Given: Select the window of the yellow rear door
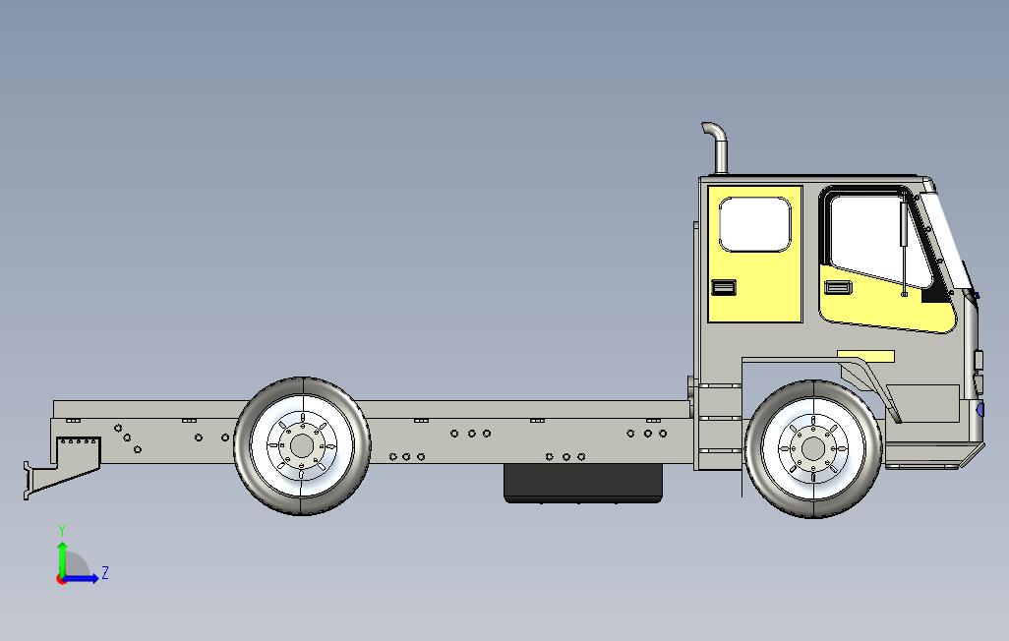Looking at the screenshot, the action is pyautogui.click(x=754, y=224).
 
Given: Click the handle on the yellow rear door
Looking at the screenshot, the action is pyautogui.click(x=724, y=287).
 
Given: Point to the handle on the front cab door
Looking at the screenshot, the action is pyautogui.click(x=838, y=286).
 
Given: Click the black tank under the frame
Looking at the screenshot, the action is pyautogui.click(x=582, y=482).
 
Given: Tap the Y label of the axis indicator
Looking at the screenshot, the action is pyautogui.click(x=62, y=531).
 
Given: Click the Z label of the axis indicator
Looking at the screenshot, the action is pyautogui.click(x=105, y=573).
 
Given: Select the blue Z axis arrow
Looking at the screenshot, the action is pyautogui.click(x=83, y=578).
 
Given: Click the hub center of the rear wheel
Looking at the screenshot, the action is pyautogui.click(x=300, y=446).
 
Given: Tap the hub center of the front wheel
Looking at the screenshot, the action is pyautogui.click(x=812, y=448).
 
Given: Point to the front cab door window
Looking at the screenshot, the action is pyautogui.click(x=870, y=241).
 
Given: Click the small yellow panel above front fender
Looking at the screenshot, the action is pyautogui.click(x=865, y=355).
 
